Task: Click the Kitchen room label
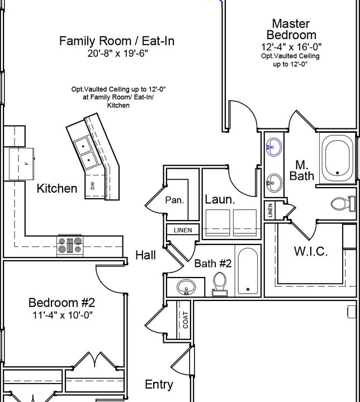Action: [x=57, y=189]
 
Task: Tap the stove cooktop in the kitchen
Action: [x=70, y=246]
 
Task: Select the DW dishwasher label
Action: [x=93, y=185]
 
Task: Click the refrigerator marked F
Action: [x=22, y=164]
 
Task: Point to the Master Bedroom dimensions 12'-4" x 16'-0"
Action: [x=291, y=47]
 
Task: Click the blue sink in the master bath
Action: [x=273, y=147]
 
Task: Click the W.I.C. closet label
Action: [x=311, y=251]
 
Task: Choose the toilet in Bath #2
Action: [x=220, y=284]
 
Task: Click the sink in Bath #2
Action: [x=186, y=287]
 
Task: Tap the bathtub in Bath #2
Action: [x=248, y=271]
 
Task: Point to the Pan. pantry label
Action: [x=174, y=200]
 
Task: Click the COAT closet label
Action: [x=186, y=320]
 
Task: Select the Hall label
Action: [x=145, y=255]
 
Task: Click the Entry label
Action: [x=159, y=385]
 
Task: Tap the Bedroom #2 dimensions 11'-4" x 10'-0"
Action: [x=63, y=315]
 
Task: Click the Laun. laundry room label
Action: [x=220, y=199]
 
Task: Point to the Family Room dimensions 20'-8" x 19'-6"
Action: [x=117, y=54]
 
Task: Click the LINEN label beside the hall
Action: [x=183, y=230]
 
